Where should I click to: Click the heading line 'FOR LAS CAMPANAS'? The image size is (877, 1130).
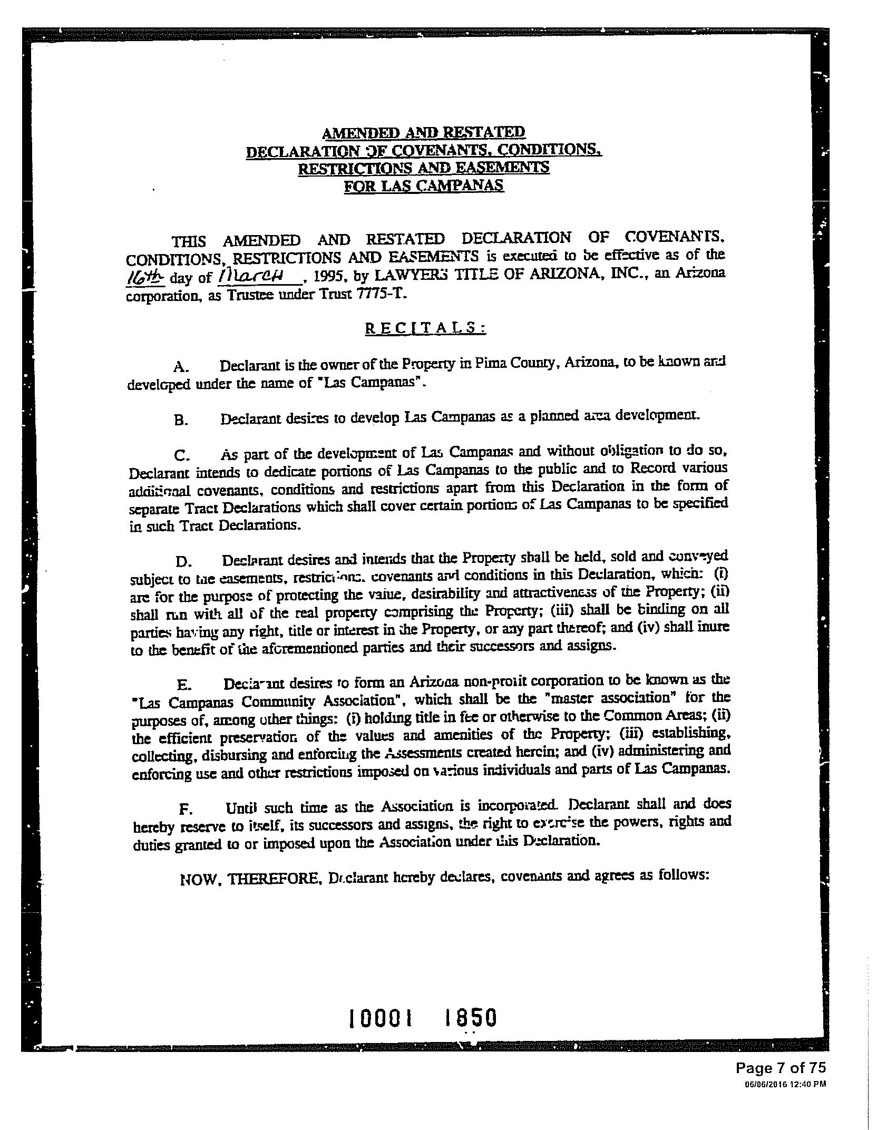tap(424, 186)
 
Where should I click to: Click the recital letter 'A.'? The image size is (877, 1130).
tap(181, 366)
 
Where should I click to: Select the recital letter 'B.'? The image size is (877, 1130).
tap(180, 421)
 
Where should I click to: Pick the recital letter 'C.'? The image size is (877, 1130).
tap(181, 454)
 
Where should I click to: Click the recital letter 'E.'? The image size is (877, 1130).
tap(183, 685)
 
